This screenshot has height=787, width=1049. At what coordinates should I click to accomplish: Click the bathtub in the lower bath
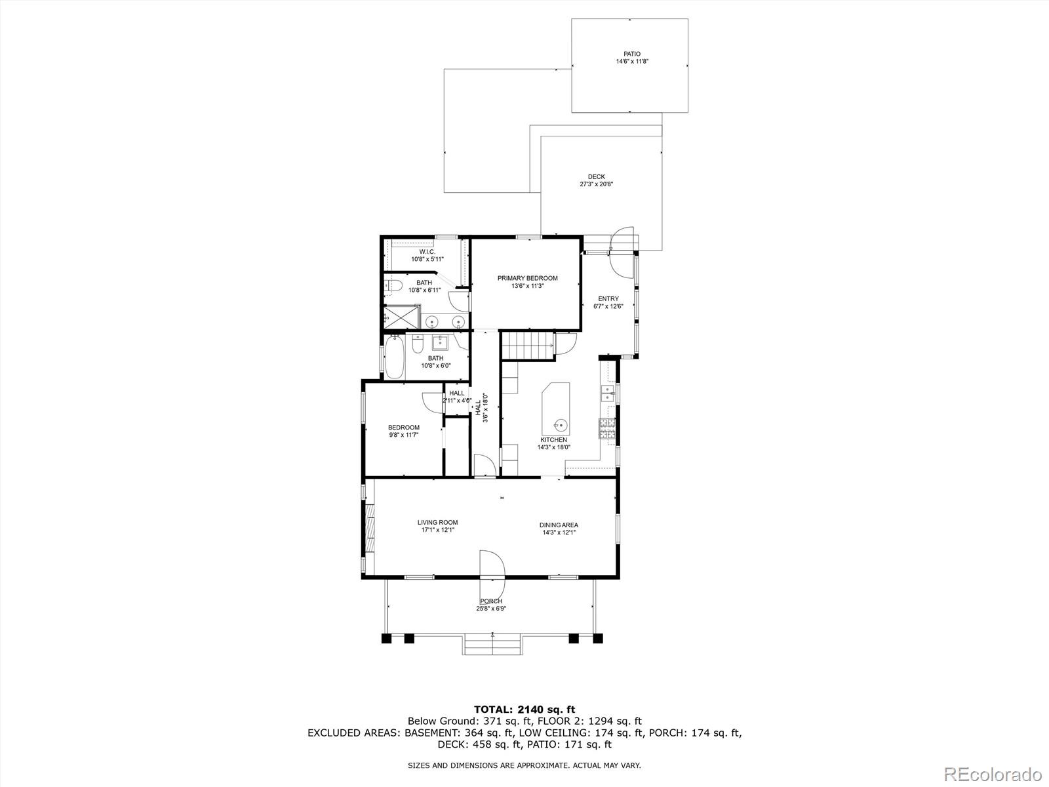pos(393,357)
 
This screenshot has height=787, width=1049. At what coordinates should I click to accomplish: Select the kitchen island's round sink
pos(559,424)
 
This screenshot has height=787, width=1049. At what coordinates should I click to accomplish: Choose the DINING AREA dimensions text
pos(559,533)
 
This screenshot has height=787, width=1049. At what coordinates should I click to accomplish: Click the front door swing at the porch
pos(492,565)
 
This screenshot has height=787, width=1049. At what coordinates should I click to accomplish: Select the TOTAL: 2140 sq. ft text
pos(524,709)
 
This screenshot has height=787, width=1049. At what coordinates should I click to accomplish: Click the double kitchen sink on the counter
pos(607,393)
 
